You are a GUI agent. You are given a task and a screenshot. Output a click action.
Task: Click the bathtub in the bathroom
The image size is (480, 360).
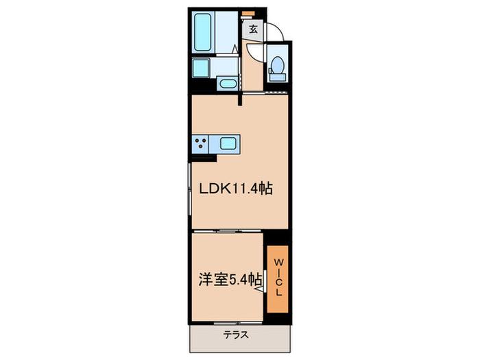203,32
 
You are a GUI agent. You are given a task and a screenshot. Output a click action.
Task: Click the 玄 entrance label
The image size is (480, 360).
253,29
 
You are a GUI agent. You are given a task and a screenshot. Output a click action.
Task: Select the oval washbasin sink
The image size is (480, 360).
227,84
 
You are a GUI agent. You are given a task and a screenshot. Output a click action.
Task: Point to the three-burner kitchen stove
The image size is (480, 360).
200,144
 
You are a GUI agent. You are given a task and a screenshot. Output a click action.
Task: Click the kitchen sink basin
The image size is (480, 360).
228,143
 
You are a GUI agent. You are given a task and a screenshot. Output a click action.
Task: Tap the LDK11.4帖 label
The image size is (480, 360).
236,189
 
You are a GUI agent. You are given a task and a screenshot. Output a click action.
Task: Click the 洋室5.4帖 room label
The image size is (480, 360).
230,280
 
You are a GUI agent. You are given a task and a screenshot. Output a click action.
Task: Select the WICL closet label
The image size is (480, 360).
278,277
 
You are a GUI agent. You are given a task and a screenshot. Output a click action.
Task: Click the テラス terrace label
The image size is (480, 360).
236,335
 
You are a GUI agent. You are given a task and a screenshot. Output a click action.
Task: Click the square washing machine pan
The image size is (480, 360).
201,69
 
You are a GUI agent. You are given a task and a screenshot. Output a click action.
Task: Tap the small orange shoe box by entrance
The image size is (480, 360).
248,14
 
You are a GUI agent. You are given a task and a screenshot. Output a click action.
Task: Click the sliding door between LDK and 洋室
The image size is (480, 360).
228,231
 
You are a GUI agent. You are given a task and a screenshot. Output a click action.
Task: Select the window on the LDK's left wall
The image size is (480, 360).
189,189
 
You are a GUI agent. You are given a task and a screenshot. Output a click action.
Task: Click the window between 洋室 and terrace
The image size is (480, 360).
238,323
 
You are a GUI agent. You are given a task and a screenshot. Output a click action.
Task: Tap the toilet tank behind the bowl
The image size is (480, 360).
277,77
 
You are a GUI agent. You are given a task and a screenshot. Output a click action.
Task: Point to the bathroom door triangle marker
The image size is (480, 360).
235,49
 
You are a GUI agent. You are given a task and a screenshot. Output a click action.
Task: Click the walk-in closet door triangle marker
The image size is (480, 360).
261,289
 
